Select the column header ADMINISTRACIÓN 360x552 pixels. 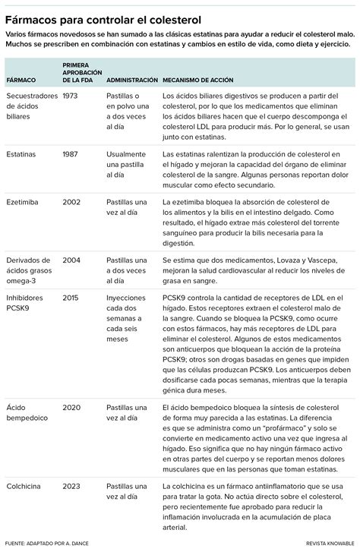click(132, 80)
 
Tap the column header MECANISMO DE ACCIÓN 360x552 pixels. click(198, 80)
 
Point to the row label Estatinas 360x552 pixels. click(24, 154)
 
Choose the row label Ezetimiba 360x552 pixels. click(24, 203)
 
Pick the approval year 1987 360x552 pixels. click(71, 154)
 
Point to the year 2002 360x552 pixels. click(71, 203)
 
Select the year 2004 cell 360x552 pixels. click(71, 260)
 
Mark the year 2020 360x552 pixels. click(71, 407)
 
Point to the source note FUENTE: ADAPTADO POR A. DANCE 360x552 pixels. click(49, 544)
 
